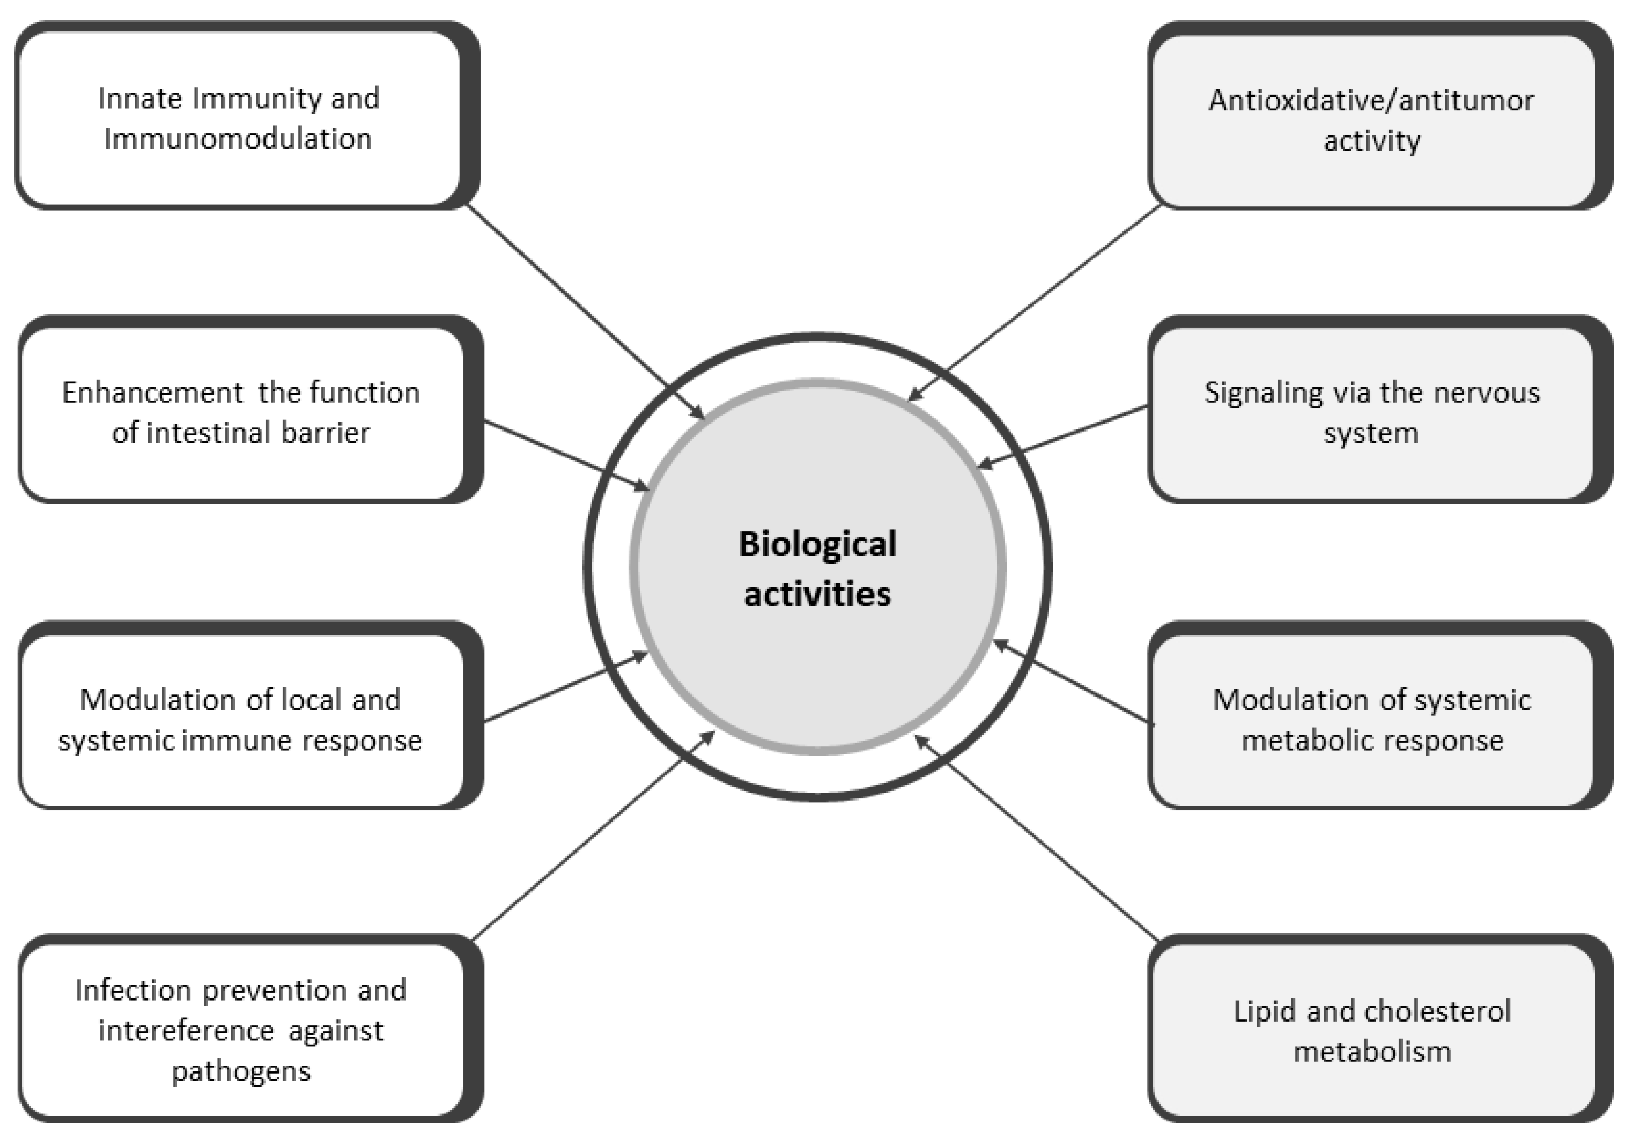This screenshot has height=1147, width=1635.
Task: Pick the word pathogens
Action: [x=241, y=1071]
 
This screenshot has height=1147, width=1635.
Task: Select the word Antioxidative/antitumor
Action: [x=1371, y=100]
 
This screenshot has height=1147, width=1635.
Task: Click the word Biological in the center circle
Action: [x=817, y=545]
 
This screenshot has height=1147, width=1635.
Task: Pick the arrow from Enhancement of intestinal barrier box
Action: [x=566, y=455]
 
